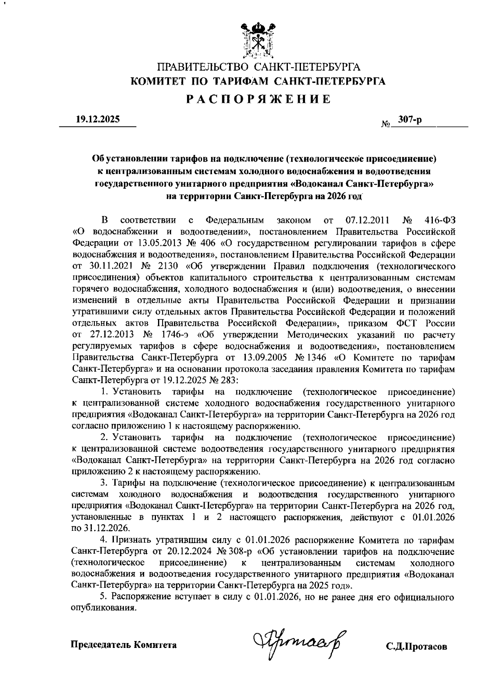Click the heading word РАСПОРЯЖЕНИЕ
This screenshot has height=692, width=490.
click(258, 99)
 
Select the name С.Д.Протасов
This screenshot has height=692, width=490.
click(416, 647)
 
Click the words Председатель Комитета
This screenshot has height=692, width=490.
click(124, 645)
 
